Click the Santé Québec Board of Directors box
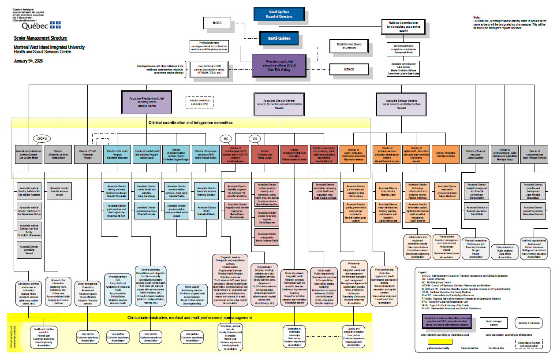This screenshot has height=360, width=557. pos(279,14)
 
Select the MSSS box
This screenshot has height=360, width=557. pos(217,23)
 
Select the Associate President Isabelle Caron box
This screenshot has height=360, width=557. pos(146,102)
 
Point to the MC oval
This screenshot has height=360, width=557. pos(226,138)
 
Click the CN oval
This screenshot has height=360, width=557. pos(255,138)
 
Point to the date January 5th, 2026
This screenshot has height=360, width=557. pos(28,61)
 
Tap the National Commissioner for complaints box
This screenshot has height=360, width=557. pos(404,26)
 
